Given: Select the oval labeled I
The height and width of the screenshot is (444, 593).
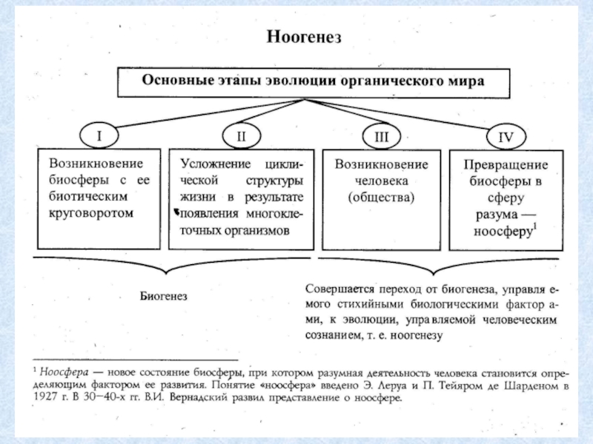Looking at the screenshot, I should [x=99, y=135].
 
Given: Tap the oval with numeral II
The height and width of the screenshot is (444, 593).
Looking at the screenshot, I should [x=241, y=136].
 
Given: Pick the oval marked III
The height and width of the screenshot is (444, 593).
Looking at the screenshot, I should [x=381, y=136].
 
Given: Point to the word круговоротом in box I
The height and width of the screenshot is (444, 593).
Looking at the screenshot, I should [x=91, y=213].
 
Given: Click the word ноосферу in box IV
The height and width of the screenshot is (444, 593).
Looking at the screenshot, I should [x=503, y=232].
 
